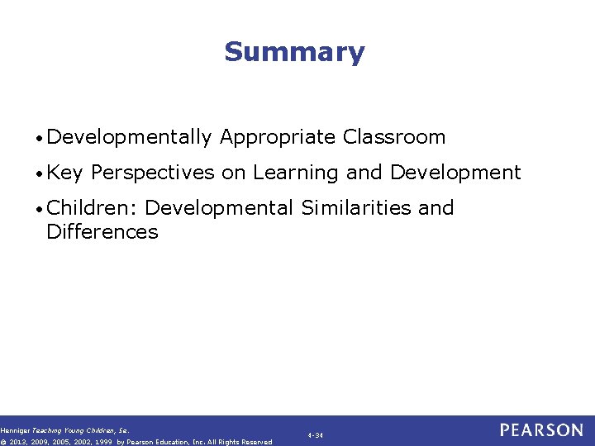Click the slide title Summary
tap(293, 52)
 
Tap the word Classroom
tap(394, 137)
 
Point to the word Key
tap(65, 173)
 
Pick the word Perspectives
tap(153, 173)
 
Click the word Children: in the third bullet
tap(92, 208)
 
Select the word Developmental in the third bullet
tap(219, 208)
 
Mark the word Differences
tap(102, 232)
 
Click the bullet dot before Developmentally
tap(40, 138)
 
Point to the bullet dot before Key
tap(40, 173)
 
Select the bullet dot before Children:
tap(40, 209)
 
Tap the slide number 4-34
tap(315, 434)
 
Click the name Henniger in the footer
tap(15, 430)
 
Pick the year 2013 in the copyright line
tap(18, 442)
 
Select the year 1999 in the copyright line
tap(102, 442)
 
